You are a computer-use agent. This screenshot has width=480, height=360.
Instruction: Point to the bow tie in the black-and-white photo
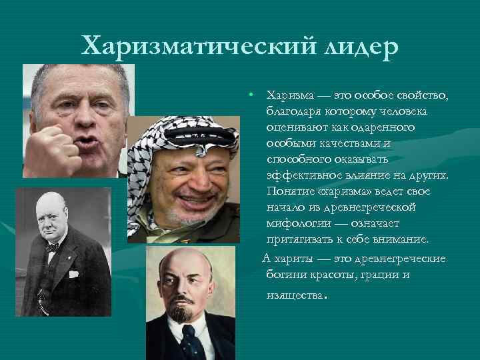[x=53, y=247]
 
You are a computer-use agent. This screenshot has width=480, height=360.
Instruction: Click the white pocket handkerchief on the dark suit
[x=74, y=274]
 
